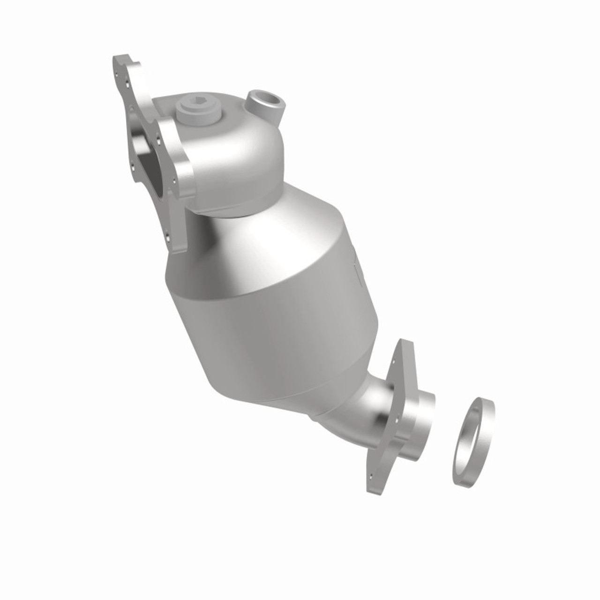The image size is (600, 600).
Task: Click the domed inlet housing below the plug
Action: click(x=234, y=155)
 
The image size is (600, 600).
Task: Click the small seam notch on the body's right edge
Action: click(x=357, y=272)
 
